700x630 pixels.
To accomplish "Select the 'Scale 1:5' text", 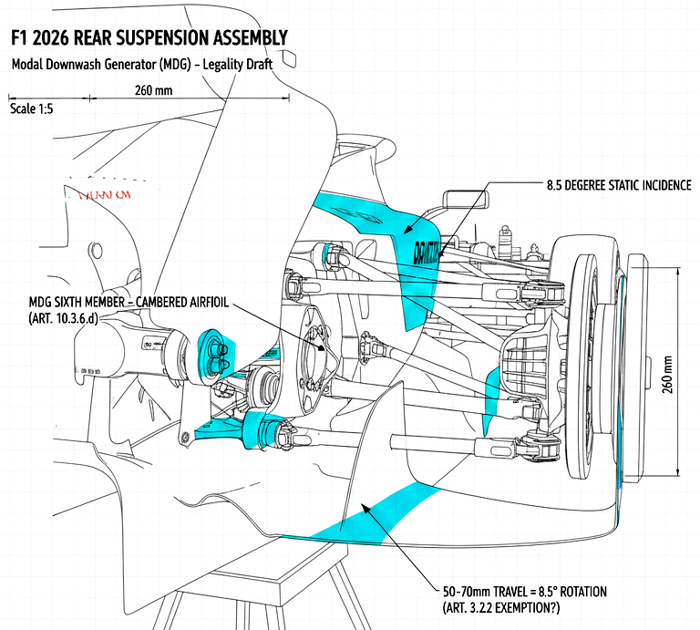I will click(x=32, y=108).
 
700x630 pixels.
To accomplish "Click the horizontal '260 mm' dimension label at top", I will click(x=153, y=90).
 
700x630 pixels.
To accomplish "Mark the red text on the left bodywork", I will click(x=104, y=194).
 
